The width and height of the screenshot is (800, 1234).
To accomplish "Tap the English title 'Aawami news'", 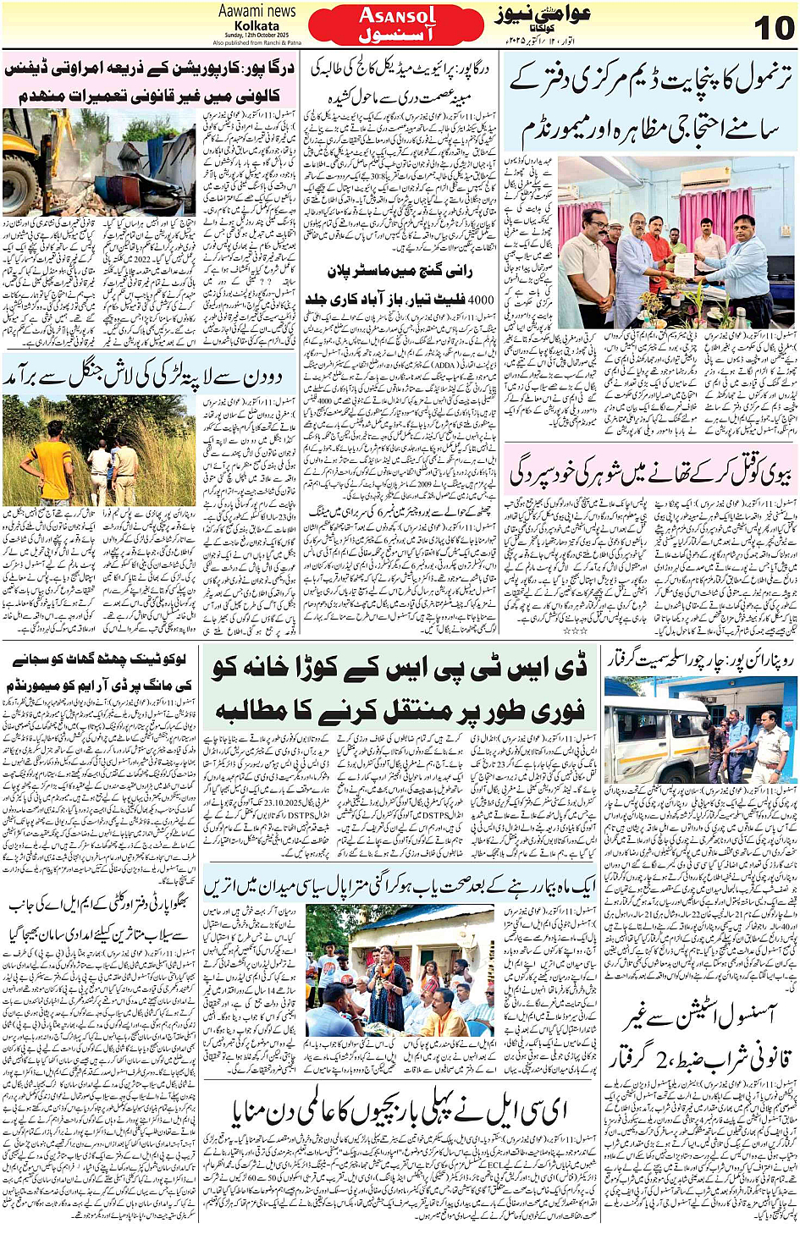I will (257, 11).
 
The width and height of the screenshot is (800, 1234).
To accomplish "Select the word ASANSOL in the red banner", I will (397, 15).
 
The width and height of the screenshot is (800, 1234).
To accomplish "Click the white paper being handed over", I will (683, 265).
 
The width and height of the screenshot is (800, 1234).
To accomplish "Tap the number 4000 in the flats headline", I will (481, 299).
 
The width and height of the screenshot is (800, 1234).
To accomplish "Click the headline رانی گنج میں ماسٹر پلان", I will (400, 271).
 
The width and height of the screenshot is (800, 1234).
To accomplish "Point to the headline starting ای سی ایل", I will (398, 1109).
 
